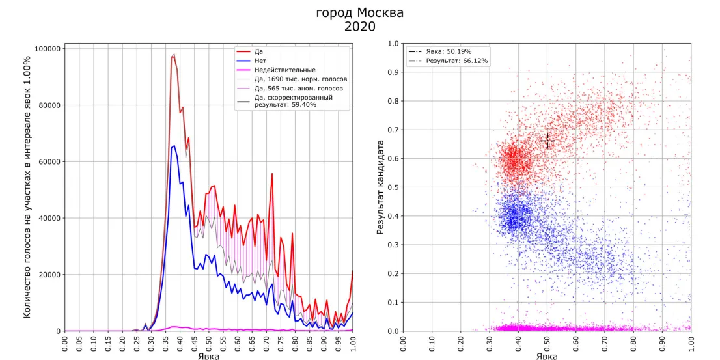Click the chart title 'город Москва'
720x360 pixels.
coord(359,13)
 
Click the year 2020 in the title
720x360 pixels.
coord(359,27)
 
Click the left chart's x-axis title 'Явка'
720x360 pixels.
coord(209,355)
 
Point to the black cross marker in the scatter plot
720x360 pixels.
coord(547,141)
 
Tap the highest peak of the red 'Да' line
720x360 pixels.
coord(173,56)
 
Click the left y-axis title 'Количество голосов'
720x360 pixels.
coord(28,187)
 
